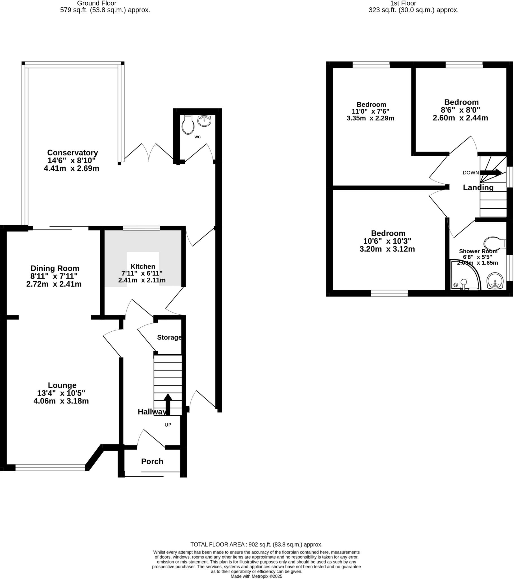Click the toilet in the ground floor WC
(x=188, y=125)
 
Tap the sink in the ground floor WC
(x=204, y=121)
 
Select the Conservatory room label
(x=73, y=153)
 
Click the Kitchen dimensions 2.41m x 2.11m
(x=142, y=280)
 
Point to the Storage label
(x=169, y=337)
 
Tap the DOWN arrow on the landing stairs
(x=491, y=172)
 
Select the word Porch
(x=152, y=461)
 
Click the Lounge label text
(x=62, y=385)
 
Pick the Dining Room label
(x=55, y=268)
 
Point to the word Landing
(x=478, y=187)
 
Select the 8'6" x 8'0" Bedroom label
(x=461, y=102)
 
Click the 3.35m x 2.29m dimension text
(x=370, y=118)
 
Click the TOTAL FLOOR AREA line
(x=256, y=545)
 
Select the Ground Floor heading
(x=97, y=3)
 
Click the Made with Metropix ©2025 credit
(x=256, y=576)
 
